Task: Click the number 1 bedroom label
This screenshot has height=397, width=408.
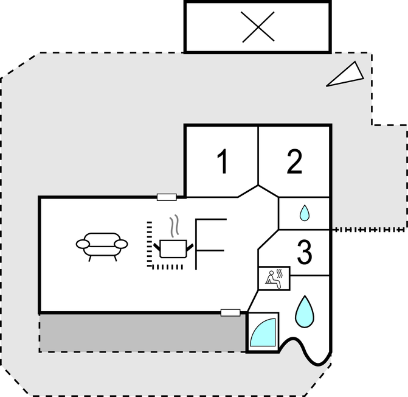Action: (x=223, y=161)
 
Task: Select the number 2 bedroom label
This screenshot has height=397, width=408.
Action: (x=294, y=161)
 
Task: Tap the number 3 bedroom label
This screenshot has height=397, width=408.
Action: (x=305, y=252)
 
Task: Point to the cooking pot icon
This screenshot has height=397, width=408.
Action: (x=173, y=249)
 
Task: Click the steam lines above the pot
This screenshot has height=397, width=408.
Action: (x=175, y=225)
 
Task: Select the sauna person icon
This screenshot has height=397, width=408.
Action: (x=274, y=279)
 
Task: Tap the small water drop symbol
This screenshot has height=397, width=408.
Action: (x=304, y=213)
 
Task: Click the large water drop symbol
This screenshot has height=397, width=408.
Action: (x=305, y=312)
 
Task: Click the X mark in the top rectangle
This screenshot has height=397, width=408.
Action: (x=258, y=27)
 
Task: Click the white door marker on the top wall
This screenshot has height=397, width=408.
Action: (x=167, y=197)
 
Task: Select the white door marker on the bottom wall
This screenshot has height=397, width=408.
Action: (x=230, y=312)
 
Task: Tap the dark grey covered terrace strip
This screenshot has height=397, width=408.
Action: (x=142, y=333)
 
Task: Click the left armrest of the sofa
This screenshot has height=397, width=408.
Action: (x=83, y=244)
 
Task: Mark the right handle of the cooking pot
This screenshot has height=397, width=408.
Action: (x=190, y=248)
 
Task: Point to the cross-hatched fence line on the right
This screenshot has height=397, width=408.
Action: (x=370, y=230)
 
